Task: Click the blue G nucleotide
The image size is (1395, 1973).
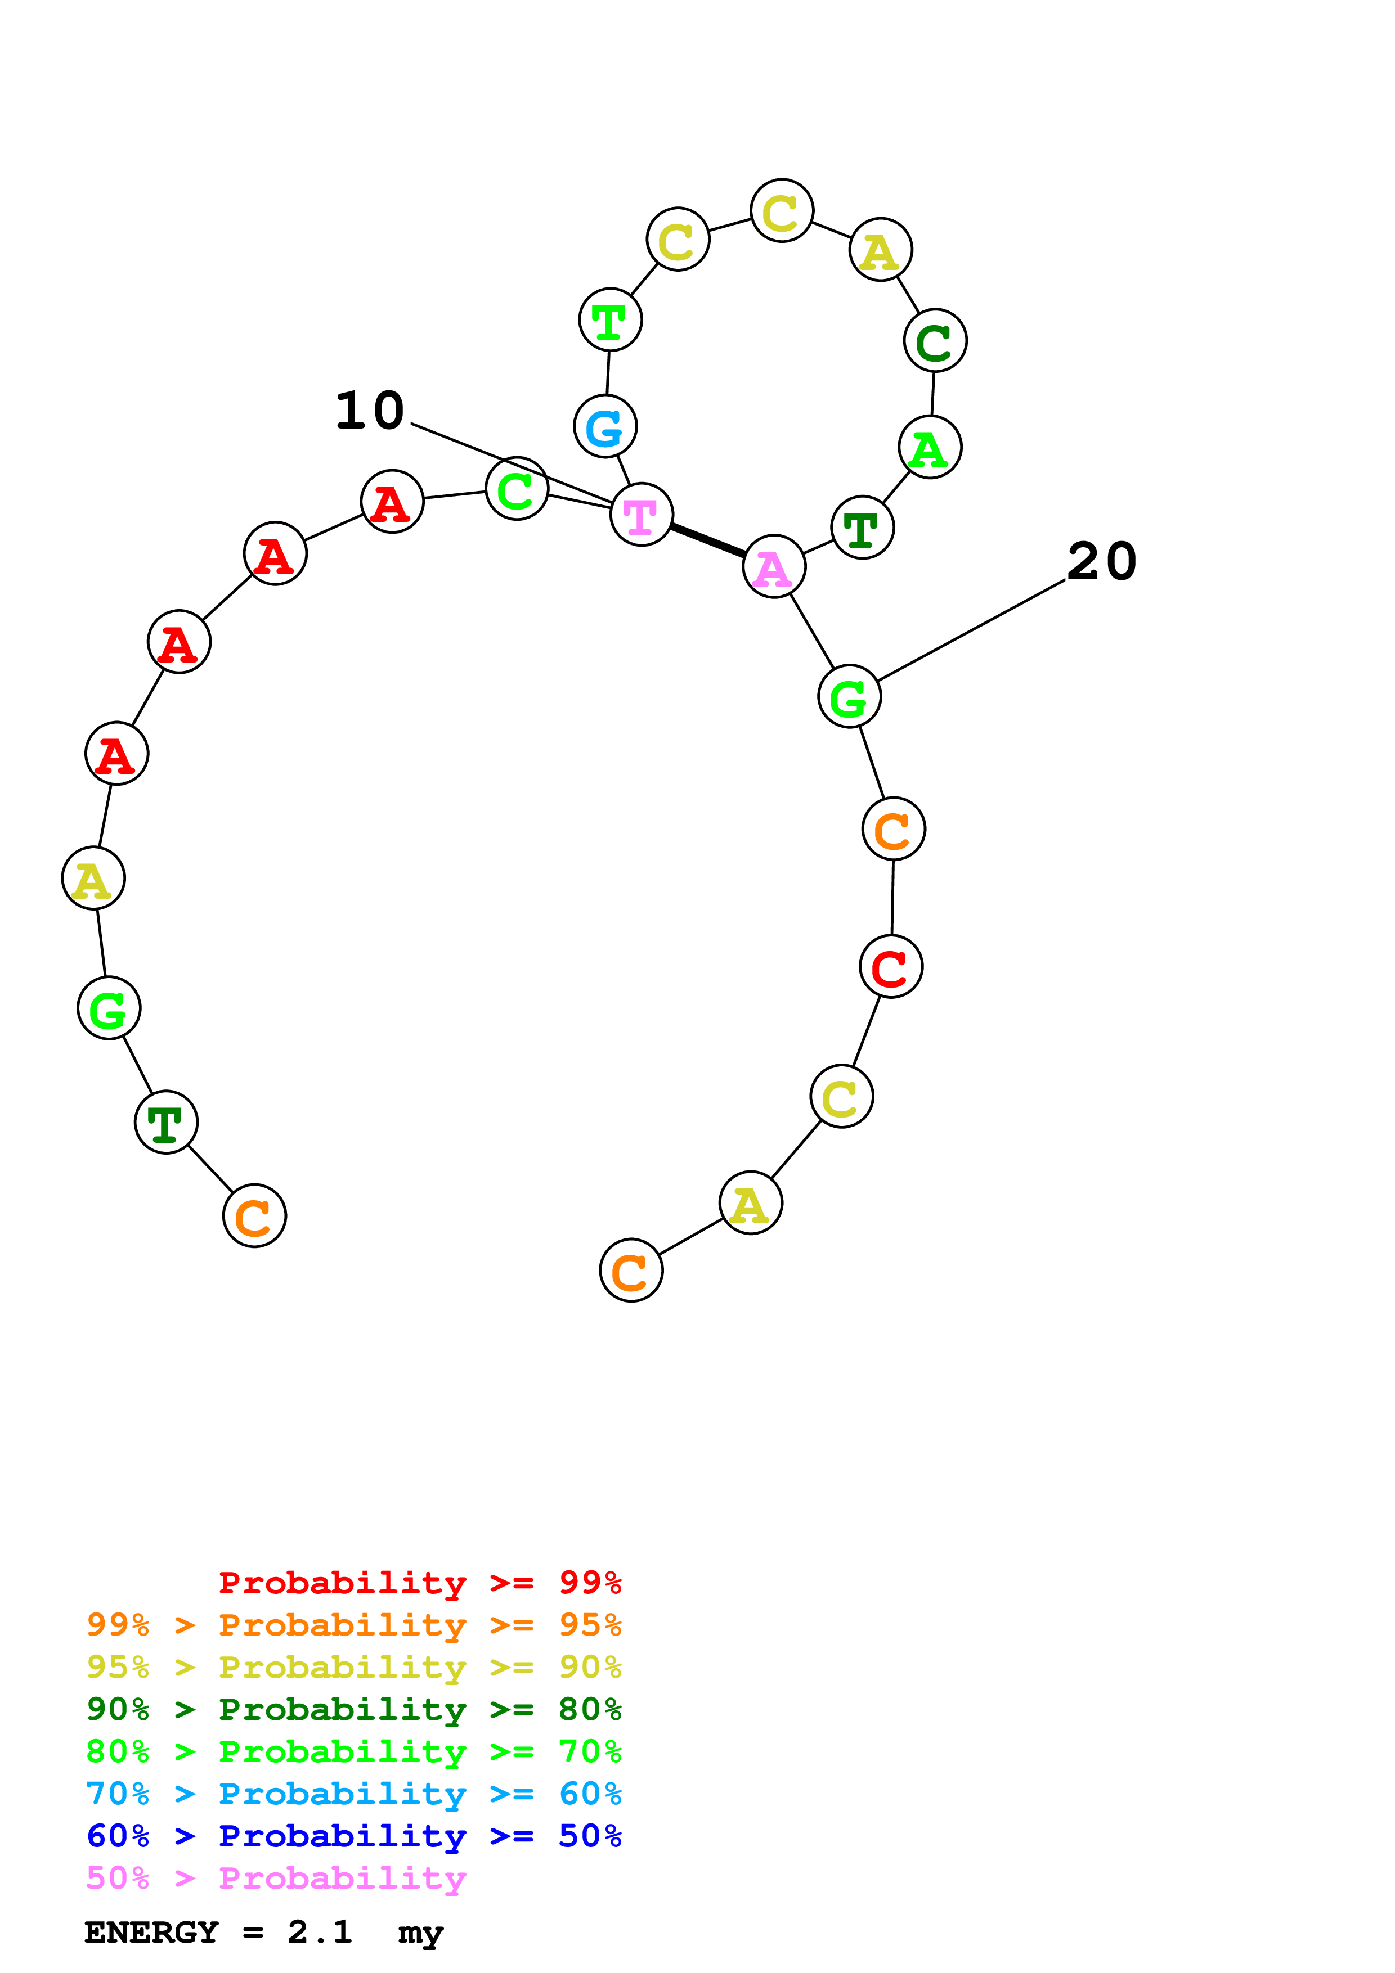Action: point(605,426)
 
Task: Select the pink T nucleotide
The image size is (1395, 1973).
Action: point(641,515)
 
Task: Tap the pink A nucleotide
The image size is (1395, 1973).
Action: point(774,566)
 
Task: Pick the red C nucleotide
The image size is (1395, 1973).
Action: point(890,967)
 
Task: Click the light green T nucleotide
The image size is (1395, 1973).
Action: point(610,319)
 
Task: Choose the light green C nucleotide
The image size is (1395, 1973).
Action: point(517,489)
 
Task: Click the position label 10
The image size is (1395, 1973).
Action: point(370,410)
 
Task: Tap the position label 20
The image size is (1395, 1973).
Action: point(1101,561)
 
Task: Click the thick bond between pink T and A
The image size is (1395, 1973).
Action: point(707,540)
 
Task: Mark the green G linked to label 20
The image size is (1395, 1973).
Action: point(849,696)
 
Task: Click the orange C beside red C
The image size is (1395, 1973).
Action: point(893,829)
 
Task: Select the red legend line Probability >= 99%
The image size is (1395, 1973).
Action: point(419,1583)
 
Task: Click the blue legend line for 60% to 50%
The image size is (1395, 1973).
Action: point(353,1836)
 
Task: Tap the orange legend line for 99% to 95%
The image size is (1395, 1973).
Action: point(353,1625)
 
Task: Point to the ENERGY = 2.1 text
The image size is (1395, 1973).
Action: point(218,1932)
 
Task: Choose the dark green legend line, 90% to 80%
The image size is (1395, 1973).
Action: point(353,1709)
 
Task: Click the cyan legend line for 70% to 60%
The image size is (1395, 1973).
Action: point(353,1794)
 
